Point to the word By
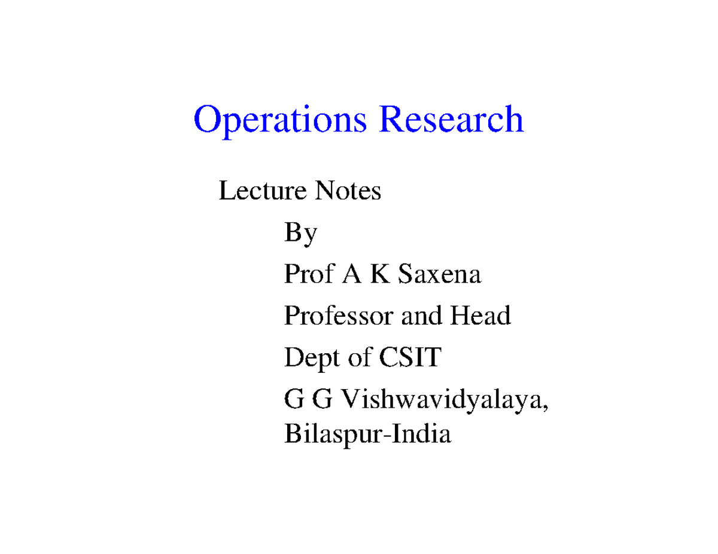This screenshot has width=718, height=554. click(x=300, y=234)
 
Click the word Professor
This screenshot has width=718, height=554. click(x=339, y=316)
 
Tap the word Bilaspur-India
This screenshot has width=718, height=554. click(x=366, y=434)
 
